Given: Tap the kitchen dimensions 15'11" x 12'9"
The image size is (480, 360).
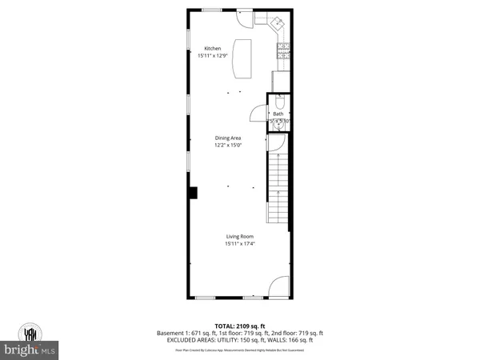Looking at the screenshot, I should tap(214, 55).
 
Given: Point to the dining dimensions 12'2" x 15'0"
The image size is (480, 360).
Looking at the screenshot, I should tap(227, 146).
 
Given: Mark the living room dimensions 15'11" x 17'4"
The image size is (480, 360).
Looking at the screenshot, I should tap(239, 243).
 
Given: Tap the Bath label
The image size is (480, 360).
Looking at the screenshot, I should tap(278, 114).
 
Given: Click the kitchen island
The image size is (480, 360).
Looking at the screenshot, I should tap(241, 58).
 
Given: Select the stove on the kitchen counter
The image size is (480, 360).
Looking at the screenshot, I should tap(283, 51).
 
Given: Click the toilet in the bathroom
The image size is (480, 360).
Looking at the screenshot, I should tap(278, 102).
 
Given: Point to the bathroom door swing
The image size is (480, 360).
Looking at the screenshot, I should tap(258, 114).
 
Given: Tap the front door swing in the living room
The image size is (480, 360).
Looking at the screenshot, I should tap(278, 286).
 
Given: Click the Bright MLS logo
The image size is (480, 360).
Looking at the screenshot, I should tap(32, 340).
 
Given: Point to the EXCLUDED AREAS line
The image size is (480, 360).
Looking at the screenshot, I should tap(240, 339).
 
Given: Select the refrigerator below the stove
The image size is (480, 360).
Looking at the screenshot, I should tap(281, 81).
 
